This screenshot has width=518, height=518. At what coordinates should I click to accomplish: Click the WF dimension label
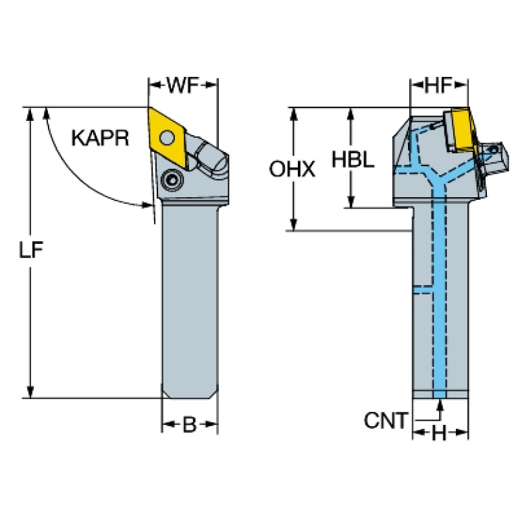point(183,85)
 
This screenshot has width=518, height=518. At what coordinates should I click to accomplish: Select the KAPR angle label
point(100,138)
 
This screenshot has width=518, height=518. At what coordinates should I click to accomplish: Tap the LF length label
point(30,250)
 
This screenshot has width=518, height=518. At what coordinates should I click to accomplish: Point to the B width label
point(190,425)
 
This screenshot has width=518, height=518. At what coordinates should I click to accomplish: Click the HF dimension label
point(438,85)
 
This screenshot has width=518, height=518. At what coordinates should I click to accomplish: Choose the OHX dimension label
point(292,169)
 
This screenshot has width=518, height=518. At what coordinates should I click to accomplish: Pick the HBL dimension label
point(353,159)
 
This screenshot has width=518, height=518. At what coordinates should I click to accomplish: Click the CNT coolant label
point(386,421)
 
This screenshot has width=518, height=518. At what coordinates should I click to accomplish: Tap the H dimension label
point(440,433)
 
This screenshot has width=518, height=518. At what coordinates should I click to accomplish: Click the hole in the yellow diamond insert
point(167,137)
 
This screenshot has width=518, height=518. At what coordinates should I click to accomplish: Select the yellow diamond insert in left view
point(167,137)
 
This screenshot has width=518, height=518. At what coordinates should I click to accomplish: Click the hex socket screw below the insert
point(172,180)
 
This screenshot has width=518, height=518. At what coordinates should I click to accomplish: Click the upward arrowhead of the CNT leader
point(440,405)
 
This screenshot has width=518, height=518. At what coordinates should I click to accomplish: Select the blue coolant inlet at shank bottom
point(440,394)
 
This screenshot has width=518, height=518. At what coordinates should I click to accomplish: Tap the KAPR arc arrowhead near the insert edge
point(147,205)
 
